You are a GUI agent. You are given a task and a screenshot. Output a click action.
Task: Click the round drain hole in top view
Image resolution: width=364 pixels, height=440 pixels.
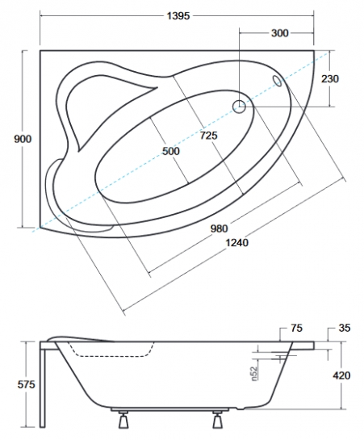(x=239, y=105)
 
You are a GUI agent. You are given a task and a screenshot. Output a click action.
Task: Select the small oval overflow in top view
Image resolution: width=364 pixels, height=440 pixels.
(x=278, y=81)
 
